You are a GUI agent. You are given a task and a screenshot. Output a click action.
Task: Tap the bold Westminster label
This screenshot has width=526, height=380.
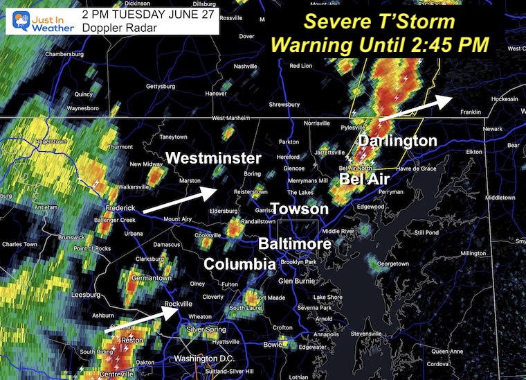click(x=214, y=158)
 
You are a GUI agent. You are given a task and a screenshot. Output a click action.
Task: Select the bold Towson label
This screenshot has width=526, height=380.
click(x=299, y=209)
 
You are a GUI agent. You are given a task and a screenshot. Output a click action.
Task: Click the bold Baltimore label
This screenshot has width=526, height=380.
click(x=295, y=243)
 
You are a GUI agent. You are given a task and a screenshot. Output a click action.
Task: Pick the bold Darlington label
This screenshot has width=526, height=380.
click(x=397, y=141)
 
